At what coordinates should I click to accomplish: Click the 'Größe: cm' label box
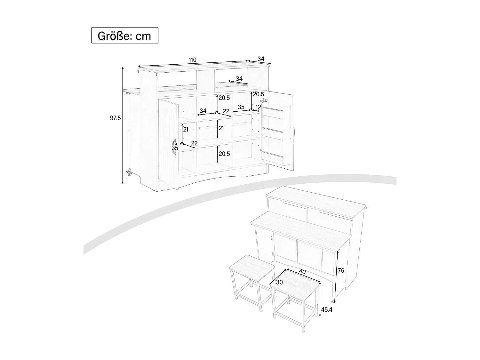125,35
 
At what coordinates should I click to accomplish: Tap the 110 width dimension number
192,60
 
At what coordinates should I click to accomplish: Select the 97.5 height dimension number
115,118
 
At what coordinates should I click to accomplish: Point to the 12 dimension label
259,107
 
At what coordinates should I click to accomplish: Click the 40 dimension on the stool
302,272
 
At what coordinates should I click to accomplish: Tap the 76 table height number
341,271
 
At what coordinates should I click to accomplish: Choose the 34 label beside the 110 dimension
261,59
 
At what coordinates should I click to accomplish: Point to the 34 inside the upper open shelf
239,79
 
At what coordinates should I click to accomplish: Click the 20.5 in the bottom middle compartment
224,154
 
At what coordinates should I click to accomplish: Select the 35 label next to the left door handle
175,148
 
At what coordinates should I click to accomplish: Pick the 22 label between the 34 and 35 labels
226,111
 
